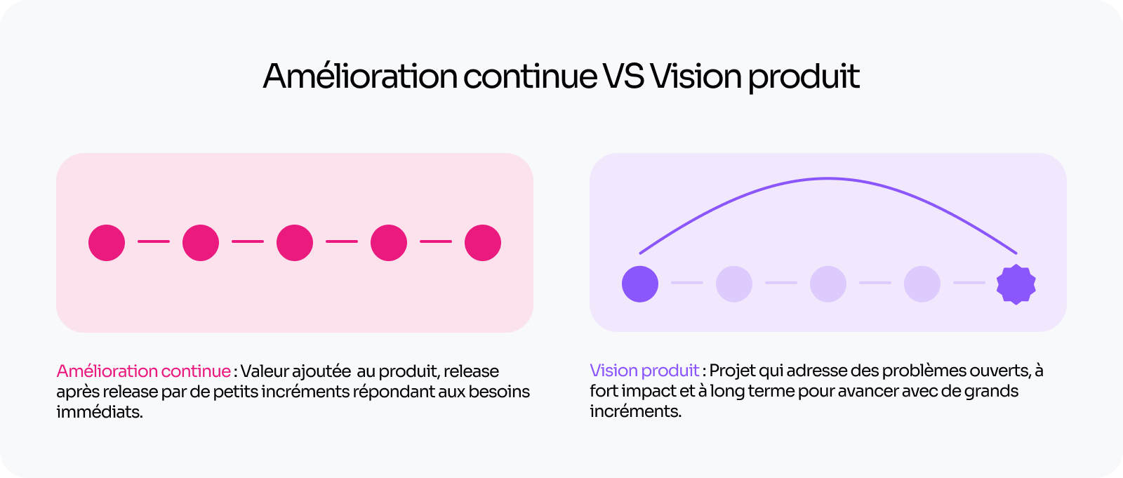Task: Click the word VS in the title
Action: [x=623, y=77]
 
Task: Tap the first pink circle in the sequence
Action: [x=107, y=243]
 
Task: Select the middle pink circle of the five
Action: [x=295, y=243]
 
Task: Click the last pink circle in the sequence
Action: [x=483, y=243]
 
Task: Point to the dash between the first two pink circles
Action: [x=154, y=241]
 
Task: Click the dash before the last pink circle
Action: [x=436, y=241]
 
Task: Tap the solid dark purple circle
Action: [x=640, y=284]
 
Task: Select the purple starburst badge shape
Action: [x=1016, y=284]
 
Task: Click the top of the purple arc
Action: [x=828, y=178]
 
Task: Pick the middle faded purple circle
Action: [x=828, y=284]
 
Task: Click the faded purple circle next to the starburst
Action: [x=922, y=284]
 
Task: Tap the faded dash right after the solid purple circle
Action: [x=687, y=283]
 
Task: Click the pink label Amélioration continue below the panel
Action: [x=144, y=371]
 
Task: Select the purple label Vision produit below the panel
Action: [x=644, y=371]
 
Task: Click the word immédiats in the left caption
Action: [x=100, y=412]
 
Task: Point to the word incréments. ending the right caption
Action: [x=635, y=411]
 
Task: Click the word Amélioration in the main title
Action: [x=360, y=77]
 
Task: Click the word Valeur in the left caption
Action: [x=265, y=371]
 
